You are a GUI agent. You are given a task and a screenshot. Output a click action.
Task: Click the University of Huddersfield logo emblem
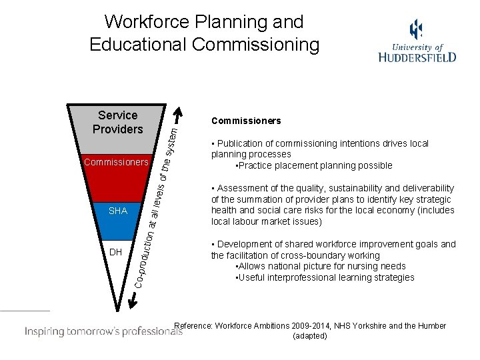point(416,29)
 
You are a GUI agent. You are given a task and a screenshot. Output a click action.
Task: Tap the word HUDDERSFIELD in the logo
point(417,57)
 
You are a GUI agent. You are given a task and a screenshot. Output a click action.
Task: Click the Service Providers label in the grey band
point(117,122)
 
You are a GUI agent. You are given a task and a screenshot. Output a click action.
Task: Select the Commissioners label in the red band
point(116,162)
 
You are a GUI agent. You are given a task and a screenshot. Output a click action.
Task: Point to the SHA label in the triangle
point(117,211)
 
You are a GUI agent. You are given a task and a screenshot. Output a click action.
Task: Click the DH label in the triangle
point(115,252)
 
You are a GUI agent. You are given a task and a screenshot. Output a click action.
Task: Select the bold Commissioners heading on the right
point(246,121)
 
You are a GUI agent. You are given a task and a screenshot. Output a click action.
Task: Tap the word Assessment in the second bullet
point(241,188)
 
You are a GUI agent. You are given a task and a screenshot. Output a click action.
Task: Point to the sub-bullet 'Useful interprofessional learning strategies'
point(325,277)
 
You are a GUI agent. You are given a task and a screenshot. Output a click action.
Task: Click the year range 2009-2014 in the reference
point(313,326)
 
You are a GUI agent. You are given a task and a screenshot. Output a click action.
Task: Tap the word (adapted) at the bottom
point(310,336)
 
